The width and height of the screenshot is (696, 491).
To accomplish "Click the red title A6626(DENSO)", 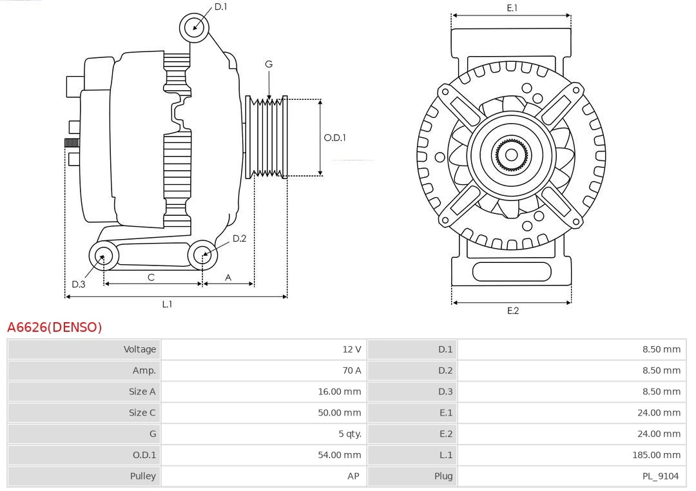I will click(x=54, y=327).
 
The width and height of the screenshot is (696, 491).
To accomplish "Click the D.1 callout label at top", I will click(x=220, y=6).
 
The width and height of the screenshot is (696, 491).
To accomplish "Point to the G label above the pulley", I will click(x=269, y=64).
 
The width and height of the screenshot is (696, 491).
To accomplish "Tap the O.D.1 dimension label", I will click(x=334, y=137).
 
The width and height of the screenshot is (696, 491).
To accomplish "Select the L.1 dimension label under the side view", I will click(x=167, y=304).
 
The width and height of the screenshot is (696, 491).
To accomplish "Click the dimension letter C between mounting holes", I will click(x=151, y=277).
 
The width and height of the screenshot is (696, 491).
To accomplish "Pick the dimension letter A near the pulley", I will click(x=228, y=277).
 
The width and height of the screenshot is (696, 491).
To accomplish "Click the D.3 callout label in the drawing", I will click(x=79, y=284).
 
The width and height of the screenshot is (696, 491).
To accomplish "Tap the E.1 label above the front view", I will click(x=512, y=8).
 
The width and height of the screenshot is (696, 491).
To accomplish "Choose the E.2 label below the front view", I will click(x=512, y=311).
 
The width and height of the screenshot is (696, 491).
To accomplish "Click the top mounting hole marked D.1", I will click(x=194, y=27).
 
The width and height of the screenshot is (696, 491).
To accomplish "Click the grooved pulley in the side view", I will click(x=266, y=137).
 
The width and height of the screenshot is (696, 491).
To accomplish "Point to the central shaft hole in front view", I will click(x=511, y=155).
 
